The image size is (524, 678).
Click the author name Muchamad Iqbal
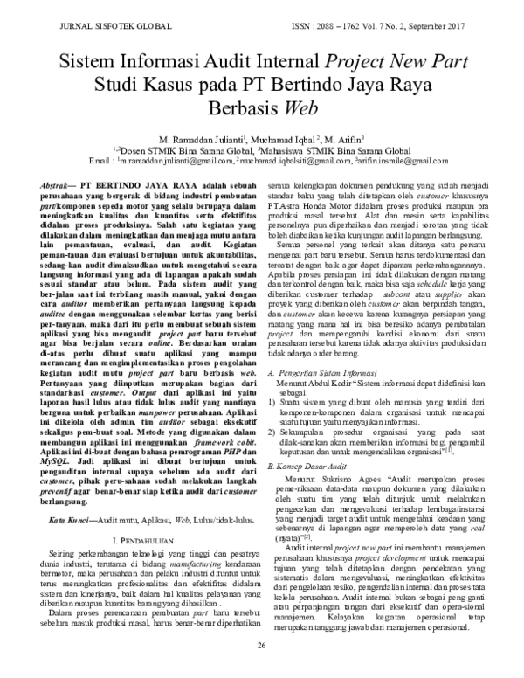click(286, 139)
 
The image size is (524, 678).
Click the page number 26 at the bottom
click(260, 669)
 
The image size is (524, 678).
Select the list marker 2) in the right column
click(272, 432)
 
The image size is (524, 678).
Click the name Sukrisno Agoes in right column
click(352, 482)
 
